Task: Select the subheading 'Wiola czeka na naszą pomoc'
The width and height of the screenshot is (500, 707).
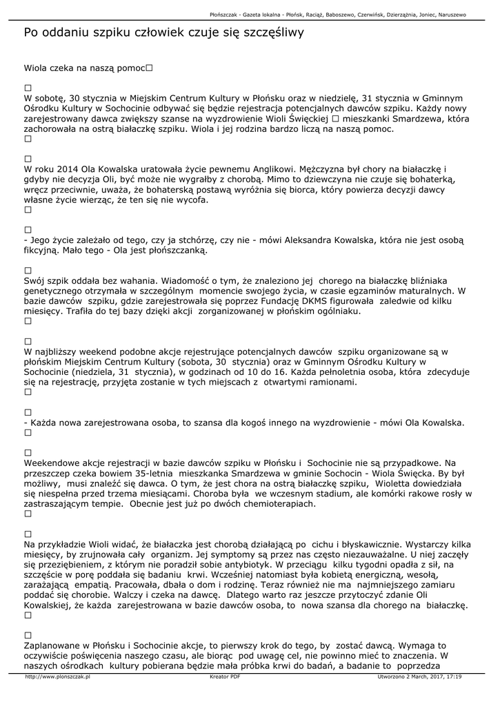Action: coord(84,68)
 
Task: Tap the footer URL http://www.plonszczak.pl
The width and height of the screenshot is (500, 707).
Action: coord(58,677)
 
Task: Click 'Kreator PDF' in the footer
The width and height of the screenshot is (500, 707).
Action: coord(225,677)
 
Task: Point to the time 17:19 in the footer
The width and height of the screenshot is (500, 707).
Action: coord(454,677)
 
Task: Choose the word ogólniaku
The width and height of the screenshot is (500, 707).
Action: coord(336,311)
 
